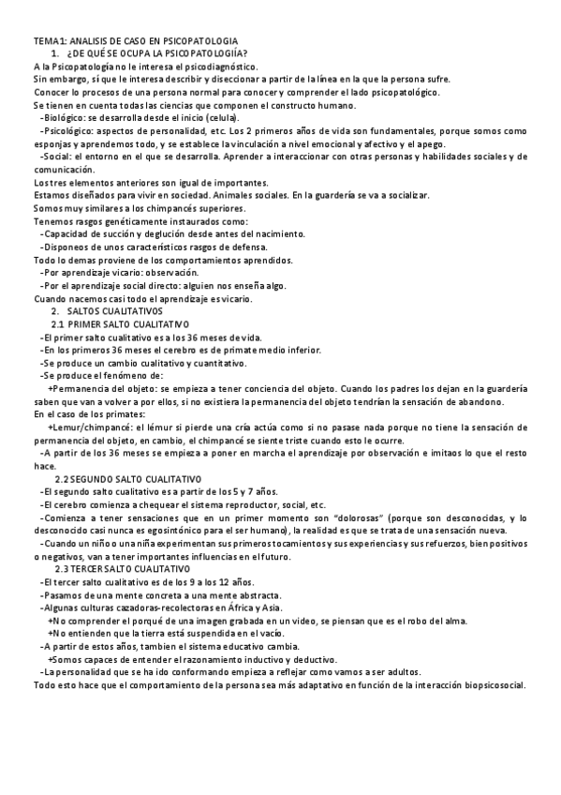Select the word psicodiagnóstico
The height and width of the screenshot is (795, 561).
[216, 67]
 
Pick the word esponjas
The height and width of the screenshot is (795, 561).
[53, 144]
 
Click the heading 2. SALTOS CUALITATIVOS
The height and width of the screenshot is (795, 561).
[107, 310]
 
